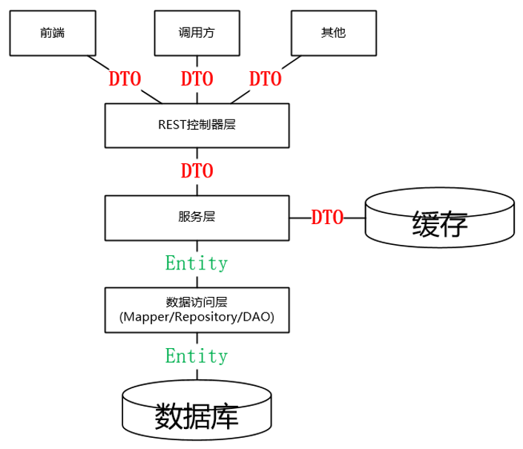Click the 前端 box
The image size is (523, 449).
[53, 33]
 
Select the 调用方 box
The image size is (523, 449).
[197, 33]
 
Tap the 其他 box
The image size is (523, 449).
[334, 33]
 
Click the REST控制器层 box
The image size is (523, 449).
[197, 125]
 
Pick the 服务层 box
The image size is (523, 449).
[197, 218]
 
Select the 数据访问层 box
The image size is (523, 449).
[197, 310]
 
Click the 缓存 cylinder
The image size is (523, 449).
[440, 217]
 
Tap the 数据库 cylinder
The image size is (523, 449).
[197, 410]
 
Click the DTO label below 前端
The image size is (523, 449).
[125, 79]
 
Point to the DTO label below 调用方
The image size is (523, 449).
[197, 79]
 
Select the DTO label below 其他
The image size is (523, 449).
[266, 79]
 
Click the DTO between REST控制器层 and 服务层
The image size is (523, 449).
[197, 171]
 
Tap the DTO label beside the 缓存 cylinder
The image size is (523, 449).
[327, 217]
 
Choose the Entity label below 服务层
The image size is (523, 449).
[197, 263]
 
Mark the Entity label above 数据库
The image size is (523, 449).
[197, 356]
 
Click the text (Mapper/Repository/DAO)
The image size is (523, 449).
[197, 317]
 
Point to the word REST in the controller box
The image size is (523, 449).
[172, 125]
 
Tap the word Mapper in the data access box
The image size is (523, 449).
[146, 317]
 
